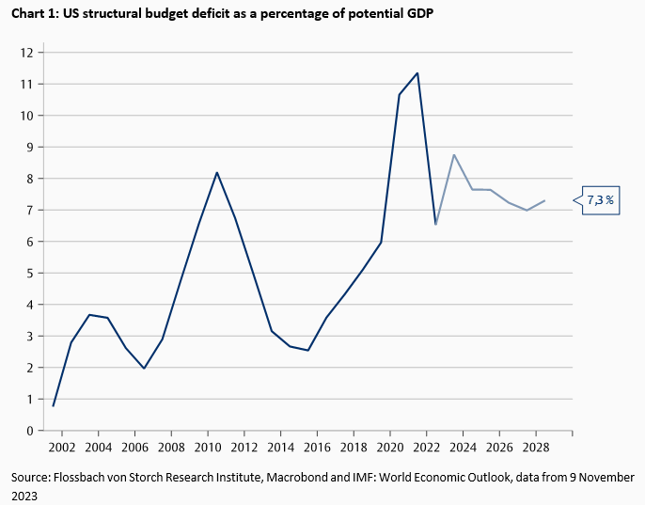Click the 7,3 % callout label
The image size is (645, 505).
601,200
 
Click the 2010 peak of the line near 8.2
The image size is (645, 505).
217,172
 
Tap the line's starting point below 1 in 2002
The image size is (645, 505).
53,405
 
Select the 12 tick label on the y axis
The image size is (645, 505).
27,53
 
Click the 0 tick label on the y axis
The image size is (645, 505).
31,431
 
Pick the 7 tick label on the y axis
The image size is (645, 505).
31,210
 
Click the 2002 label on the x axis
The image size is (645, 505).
62,448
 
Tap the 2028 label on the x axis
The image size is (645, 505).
536,448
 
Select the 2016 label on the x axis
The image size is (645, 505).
317,448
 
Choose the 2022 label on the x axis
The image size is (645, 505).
427,448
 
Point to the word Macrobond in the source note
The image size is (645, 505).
312,479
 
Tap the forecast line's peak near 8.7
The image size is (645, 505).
454,155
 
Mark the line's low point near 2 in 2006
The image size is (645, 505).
144,368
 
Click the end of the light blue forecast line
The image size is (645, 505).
545,200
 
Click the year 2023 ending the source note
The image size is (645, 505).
24,496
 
